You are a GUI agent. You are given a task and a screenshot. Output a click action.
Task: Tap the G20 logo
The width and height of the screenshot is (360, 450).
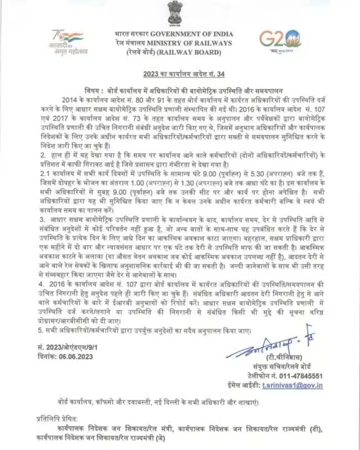coord(281,40)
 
